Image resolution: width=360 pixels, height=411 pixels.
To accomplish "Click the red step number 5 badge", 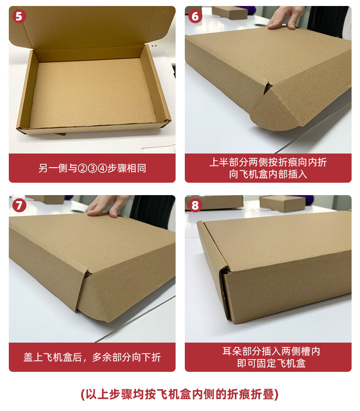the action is (x=19, y=16).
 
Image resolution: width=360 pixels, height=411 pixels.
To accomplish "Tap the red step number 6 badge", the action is (x=195, y=16).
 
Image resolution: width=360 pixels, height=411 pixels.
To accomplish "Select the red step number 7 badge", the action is (x=19, y=205).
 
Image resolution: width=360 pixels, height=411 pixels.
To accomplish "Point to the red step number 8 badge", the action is (x=195, y=205).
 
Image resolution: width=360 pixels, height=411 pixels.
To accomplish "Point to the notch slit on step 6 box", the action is (x=268, y=88).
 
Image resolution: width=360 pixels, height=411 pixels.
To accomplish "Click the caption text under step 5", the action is (x=92, y=168).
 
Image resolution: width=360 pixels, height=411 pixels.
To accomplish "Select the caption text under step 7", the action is (x=92, y=357).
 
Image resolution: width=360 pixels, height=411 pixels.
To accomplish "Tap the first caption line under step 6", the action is (x=268, y=162).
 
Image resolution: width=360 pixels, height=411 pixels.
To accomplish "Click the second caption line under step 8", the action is (x=271, y=363).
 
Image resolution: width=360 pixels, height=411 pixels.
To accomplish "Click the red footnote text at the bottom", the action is (x=180, y=394).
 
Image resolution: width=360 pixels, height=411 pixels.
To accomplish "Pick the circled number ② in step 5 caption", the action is (x=82, y=168).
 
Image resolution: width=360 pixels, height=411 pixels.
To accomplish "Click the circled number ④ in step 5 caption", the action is (x=102, y=168).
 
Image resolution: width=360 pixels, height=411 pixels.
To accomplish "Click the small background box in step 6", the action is (x=230, y=12).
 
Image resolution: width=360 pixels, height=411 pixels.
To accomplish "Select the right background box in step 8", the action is (x=283, y=204).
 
